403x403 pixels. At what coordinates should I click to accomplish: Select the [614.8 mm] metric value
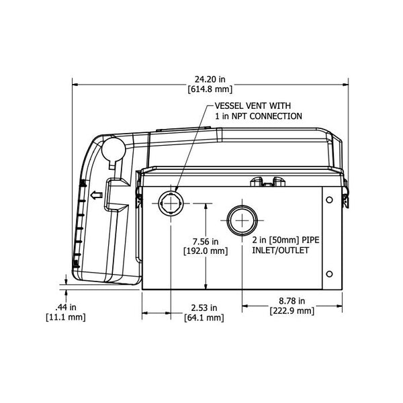210,89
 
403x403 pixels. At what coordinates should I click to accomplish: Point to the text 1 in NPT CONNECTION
258,116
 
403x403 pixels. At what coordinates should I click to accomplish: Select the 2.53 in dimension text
204,308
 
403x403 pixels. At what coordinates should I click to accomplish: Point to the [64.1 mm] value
204,318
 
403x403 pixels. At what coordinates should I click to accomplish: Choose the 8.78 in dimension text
292,301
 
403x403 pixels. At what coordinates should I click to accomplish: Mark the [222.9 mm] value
292,311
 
